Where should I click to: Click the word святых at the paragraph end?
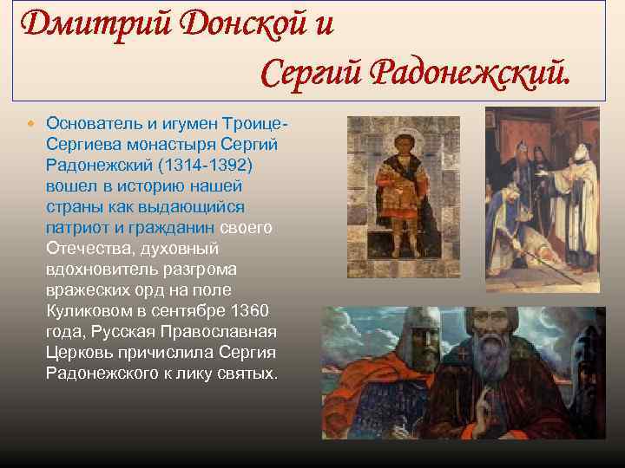247,374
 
